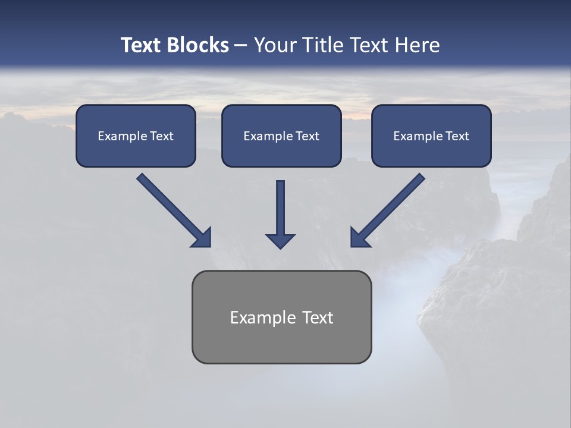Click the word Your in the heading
[x=274, y=45]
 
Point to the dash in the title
[x=241, y=45]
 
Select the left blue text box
[x=136, y=136]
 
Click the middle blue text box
[x=281, y=136]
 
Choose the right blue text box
[x=431, y=136]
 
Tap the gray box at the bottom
[x=281, y=317]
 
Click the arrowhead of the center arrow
[x=280, y=241]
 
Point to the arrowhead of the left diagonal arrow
[x=202, y=238]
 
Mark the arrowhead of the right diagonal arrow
[x=359, y=238]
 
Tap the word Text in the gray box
[x=318, y=317]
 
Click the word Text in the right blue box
[x=457, y=136]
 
